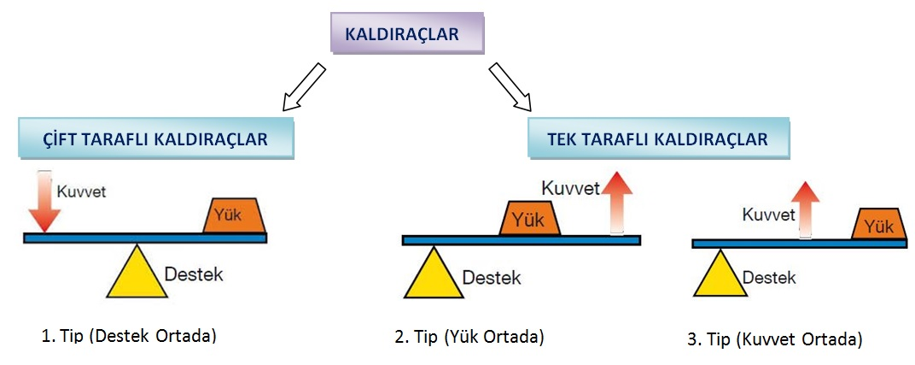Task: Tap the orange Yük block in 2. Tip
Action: coord(530,219)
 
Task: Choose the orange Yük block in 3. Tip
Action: coord(878,224)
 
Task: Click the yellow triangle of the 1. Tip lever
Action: coord(136,273)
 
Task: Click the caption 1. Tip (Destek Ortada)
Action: coord(129,335)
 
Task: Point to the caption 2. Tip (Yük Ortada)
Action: coord(469,337)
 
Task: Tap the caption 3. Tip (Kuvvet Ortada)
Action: coord(774,339)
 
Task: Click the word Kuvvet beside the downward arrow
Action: coord(81,191)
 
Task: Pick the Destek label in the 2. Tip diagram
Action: coord(491,278)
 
